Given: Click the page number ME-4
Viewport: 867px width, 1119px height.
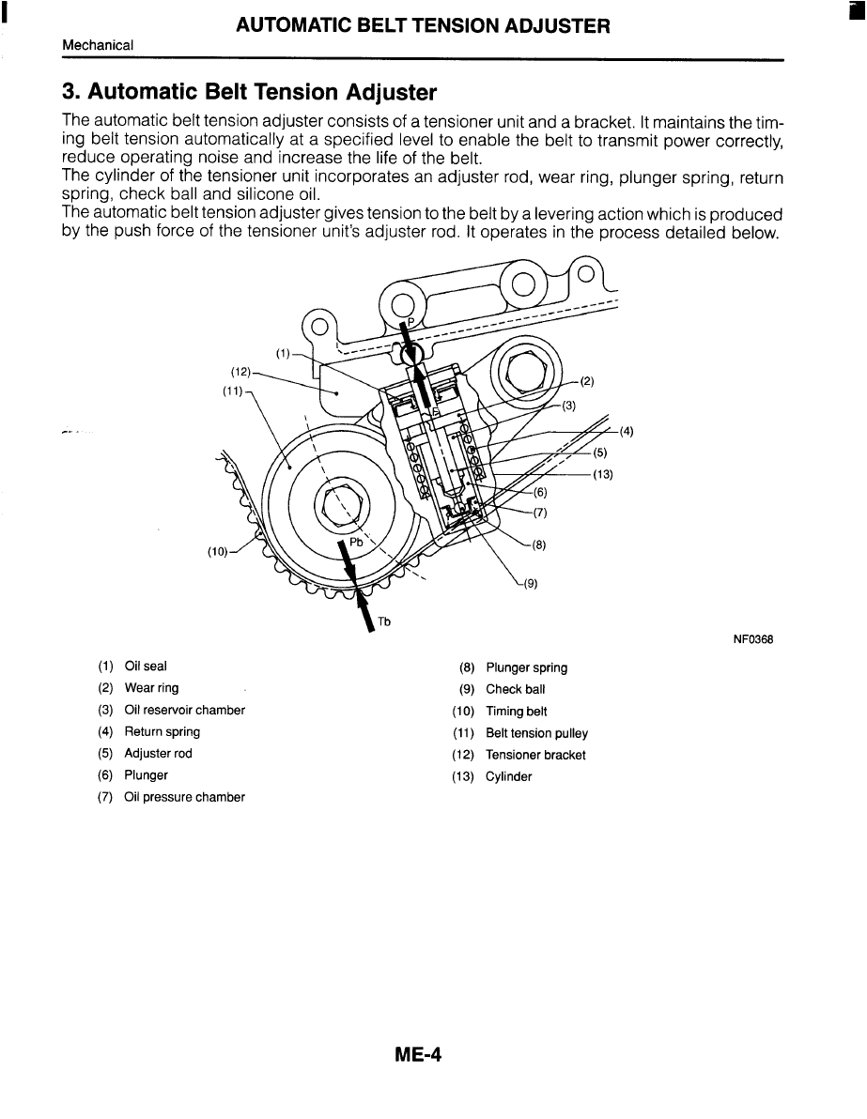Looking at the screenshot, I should tap(418, 1055).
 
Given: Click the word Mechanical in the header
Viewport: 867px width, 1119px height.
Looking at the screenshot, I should tap(98, 45).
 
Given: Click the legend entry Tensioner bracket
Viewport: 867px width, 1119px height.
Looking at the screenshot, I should tap(535, 755).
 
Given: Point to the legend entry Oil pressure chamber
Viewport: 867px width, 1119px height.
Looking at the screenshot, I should tap(184, 797).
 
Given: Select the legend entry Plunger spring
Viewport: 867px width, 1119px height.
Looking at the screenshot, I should tap(526, 667).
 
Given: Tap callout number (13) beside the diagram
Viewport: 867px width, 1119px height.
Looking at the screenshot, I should tap(602, 473).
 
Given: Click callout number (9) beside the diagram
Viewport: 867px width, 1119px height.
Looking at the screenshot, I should tap(531, 583).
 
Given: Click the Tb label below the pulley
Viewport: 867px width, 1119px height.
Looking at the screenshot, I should tap(384, 621).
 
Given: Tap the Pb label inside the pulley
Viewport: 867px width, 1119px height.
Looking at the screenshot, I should tap(356, 542).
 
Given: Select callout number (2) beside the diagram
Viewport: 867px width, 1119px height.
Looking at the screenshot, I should tap(587, 381).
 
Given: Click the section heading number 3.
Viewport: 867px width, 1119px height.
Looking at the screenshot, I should tap(70, 93).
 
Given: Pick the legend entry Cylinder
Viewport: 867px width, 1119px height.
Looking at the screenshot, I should tap(508, 776).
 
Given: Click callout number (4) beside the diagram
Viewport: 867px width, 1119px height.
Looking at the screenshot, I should tap(627, 432).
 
